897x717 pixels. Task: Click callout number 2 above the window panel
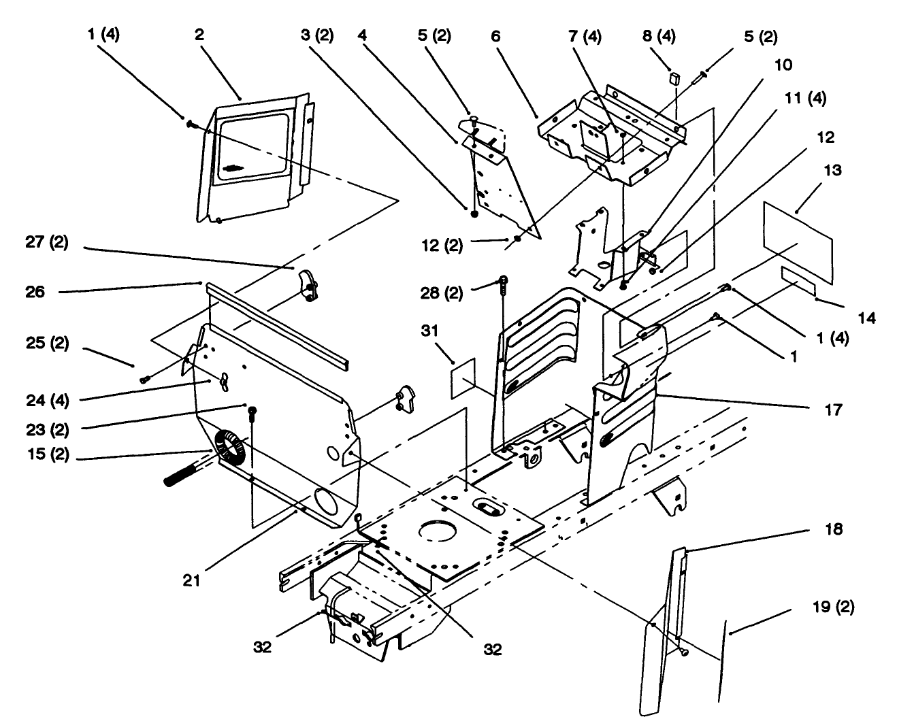(199, 35)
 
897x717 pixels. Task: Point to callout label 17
(832, 410)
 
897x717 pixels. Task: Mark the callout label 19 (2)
(834, 607)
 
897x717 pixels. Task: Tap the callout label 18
(834, 529)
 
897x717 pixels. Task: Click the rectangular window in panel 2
(252, 146)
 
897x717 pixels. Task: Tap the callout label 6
(495, 36)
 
